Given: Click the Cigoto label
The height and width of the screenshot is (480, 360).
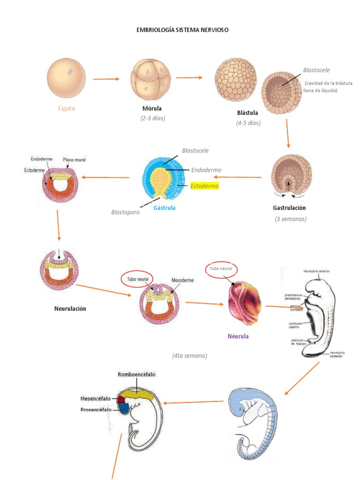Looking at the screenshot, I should tap(67, 108).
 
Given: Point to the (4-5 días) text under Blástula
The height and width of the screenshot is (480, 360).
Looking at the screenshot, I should tap(248, 123).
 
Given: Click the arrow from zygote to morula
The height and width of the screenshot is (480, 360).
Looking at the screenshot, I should tap(106, 79).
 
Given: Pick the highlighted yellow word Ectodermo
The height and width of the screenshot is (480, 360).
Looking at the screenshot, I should tap(204, 186).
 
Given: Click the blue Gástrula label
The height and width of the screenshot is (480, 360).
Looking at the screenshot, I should tap(164, 208).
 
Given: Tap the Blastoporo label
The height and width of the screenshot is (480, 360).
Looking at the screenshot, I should tap(126, 212).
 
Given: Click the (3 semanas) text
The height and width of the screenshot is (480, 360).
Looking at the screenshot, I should tap(291, 219).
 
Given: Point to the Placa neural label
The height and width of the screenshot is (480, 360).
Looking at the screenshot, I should tap(74, 160).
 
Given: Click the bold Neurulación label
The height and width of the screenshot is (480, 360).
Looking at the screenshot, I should tap(70, 308).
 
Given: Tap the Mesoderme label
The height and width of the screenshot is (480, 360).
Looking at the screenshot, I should tap(183, 280).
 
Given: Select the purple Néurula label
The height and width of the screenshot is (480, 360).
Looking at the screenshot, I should tap(238, 336).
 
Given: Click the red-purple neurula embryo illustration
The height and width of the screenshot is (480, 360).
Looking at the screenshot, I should tap(243, 303).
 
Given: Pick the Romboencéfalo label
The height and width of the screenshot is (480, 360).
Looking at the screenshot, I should tap(137, 375).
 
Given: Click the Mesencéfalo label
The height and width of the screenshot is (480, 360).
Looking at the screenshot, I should tap(95, 398).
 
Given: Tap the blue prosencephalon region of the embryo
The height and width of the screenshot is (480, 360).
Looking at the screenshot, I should tap(124, 408).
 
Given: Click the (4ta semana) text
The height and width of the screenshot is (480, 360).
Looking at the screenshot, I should tap(189, 356).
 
